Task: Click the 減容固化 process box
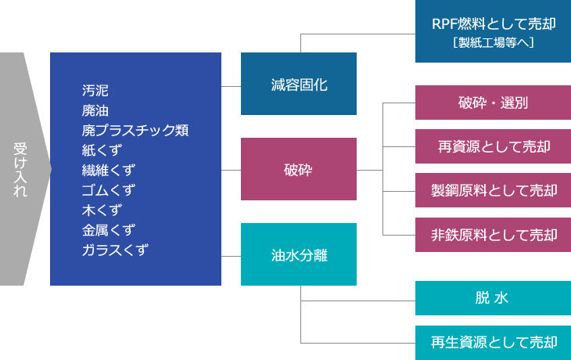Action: coord(299,84)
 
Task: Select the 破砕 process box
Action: coord(299,169)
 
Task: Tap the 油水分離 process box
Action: coord(299,254)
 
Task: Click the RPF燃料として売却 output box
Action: coord(493,31)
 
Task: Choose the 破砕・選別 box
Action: coord(493,103)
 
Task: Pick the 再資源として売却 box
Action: coord(493,146)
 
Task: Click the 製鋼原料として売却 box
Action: coord(493,190)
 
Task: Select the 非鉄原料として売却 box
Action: coord(493,235)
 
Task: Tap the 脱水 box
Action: coord(493,298)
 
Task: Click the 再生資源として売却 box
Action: coord(493,343)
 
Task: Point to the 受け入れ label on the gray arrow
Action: coord(20,169)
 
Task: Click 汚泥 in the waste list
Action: coord(95,90)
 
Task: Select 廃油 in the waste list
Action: coord(95,110)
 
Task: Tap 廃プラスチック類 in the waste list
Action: coord(135,130)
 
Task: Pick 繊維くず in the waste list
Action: coord(109,170)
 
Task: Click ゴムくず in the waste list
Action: coord(109,190)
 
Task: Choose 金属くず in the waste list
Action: coord(109,230)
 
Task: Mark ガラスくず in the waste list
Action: coord(115,250)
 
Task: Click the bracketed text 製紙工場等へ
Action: coord(494,42)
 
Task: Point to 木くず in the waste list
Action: coord(102,210)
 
